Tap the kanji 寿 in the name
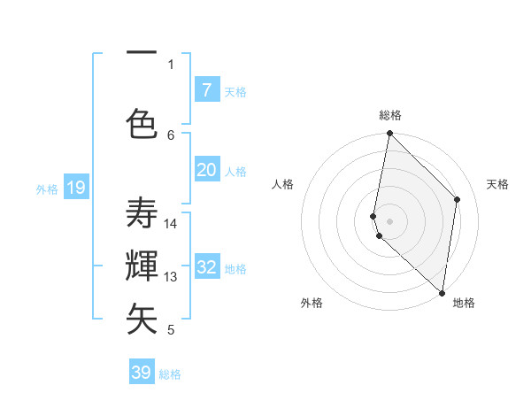(x=142, y=214)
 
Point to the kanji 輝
(x=142, y=266)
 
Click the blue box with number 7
(x=206, y=89)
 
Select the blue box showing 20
(x=206, y=170)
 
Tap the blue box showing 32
(x=206, y=268)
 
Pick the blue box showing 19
(x=75, y=187)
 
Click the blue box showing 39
(x=142, y=373)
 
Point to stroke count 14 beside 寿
(x=171, y=223)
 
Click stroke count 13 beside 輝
(x=171, y=276)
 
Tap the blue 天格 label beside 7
(x=235, y=91)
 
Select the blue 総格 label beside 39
(x=170, y=374)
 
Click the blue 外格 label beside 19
(x=46, y=189)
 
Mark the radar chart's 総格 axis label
(x=390, y=116)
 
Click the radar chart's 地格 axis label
(x=464, y=303)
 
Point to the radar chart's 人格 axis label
(x=283, y=184)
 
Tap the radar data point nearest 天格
(x=458, y=199)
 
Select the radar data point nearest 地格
(x=442, y=293)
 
